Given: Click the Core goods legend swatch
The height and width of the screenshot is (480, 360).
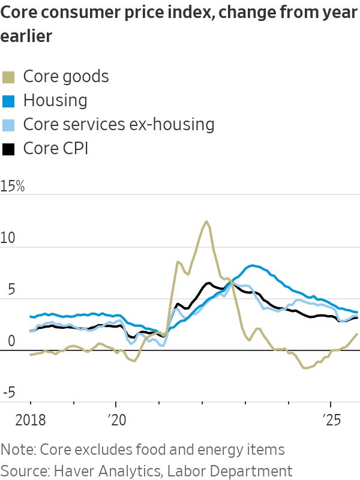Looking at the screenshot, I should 8,77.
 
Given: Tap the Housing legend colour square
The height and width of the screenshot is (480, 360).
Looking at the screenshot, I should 8,101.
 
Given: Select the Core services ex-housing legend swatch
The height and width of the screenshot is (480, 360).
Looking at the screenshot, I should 8,125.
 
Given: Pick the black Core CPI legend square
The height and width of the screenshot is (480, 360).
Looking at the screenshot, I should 8,149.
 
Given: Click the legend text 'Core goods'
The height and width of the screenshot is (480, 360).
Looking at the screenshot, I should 66,77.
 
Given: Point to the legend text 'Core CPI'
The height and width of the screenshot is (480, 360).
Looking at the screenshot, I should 55,149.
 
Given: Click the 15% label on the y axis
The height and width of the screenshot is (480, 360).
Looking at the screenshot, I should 13,187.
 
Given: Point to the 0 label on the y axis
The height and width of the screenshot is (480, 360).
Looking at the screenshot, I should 5,341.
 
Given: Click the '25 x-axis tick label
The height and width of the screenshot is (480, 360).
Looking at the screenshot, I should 330,418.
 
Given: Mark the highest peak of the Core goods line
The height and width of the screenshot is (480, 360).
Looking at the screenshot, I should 206,221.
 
